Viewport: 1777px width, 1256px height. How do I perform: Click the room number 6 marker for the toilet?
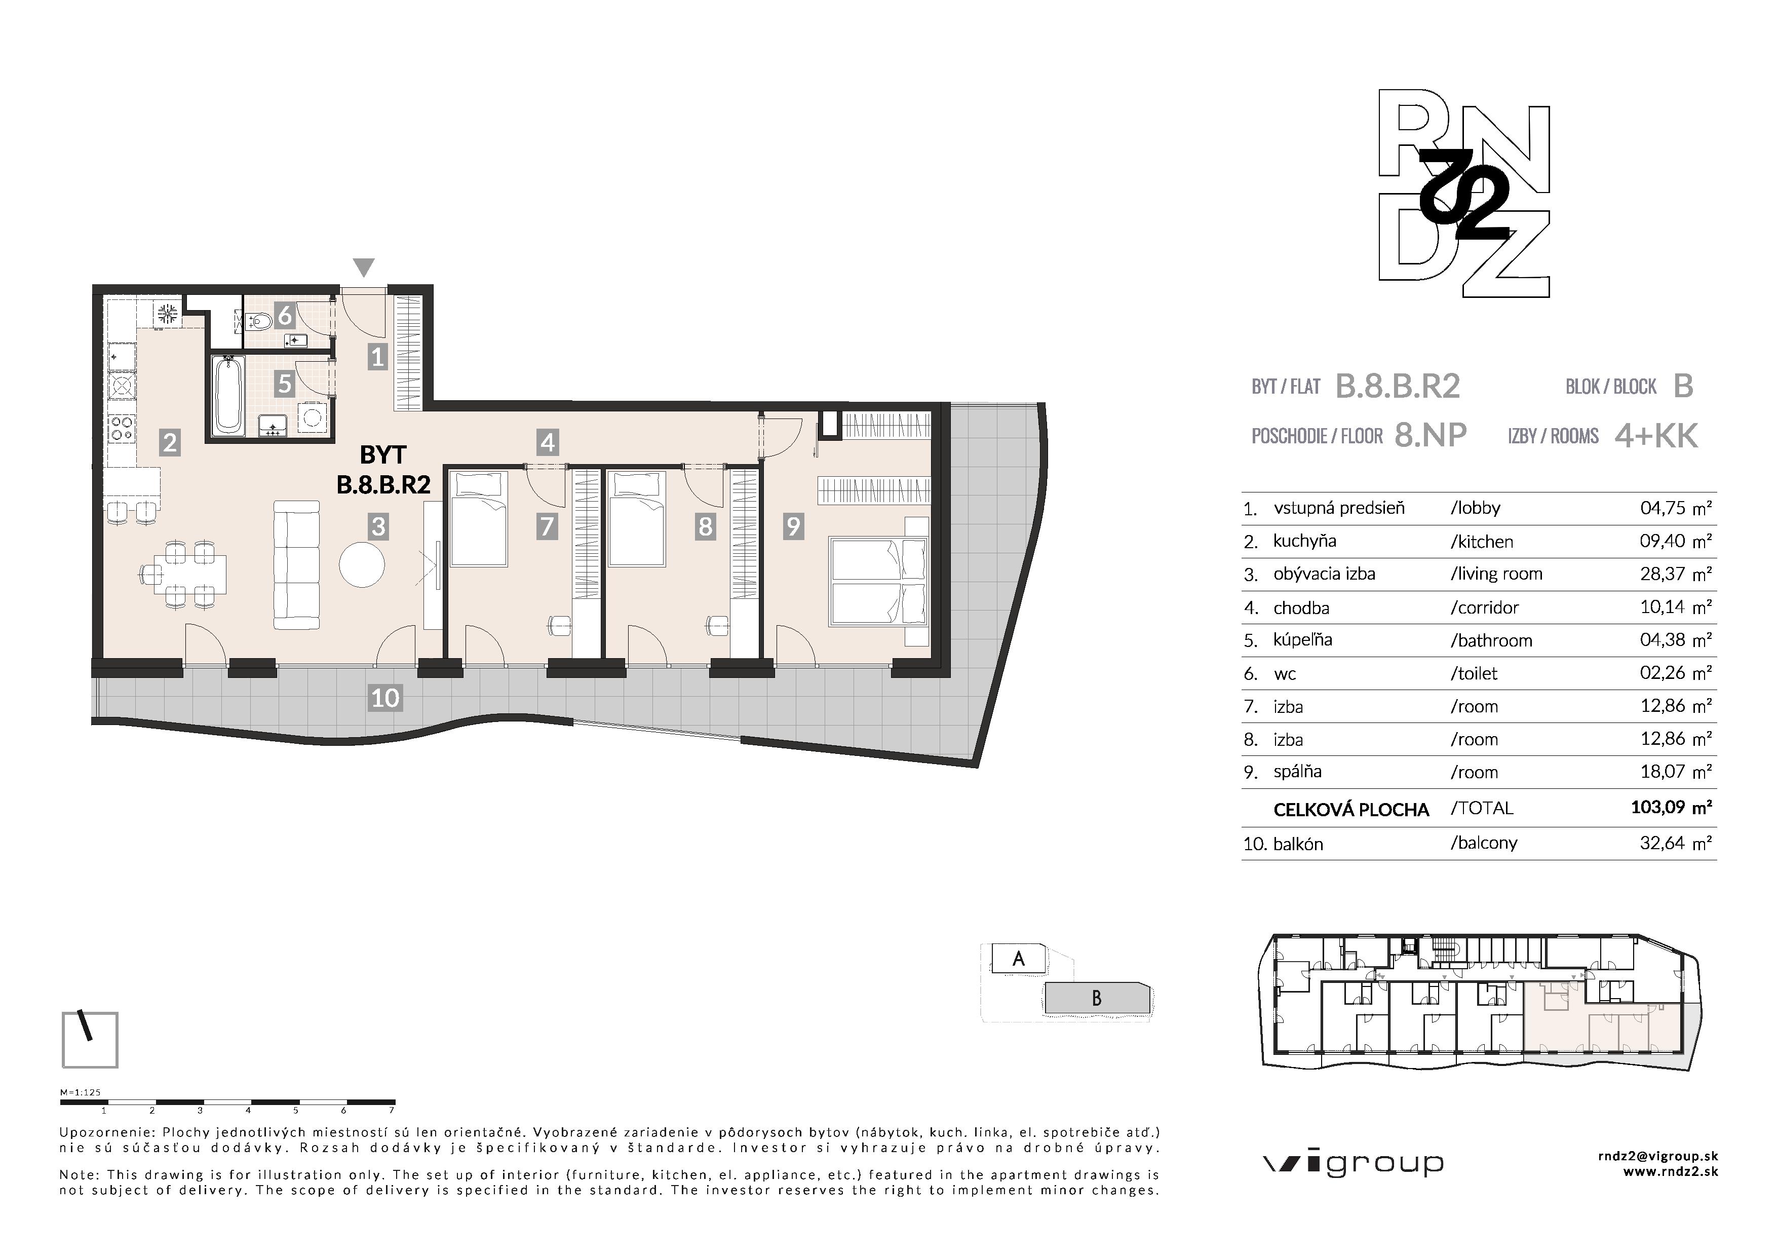click(285, 316)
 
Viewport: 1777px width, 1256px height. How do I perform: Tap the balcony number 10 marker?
click(384, 698)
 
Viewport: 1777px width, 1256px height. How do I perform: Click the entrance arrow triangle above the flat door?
click(364, 267)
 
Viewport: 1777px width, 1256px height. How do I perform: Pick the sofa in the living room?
click(296, 565)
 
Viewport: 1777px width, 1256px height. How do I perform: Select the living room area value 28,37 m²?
click(1675, 574)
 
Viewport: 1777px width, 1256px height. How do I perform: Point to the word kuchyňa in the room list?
click(1305, 541)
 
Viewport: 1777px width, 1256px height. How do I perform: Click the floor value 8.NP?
click(1431, 436)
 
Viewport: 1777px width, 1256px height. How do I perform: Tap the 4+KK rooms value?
click(1656, 436)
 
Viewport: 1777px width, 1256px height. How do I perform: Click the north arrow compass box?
click(90, 1039)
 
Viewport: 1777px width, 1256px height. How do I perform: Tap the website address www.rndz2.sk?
click(1670, 1172)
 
